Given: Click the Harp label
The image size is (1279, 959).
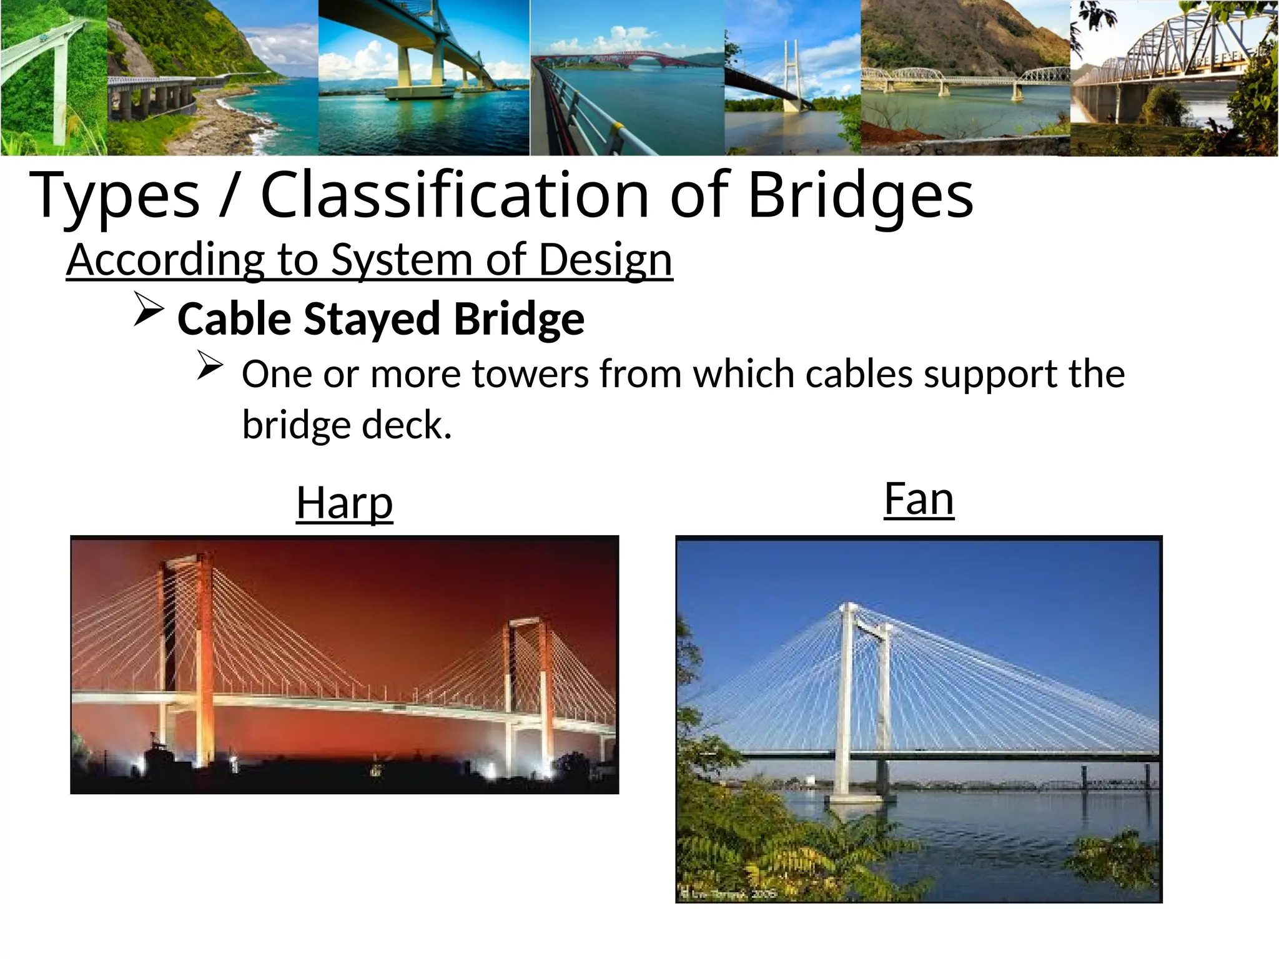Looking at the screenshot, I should coord(344,503).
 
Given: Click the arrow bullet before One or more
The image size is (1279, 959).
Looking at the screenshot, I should coord(210,366).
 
